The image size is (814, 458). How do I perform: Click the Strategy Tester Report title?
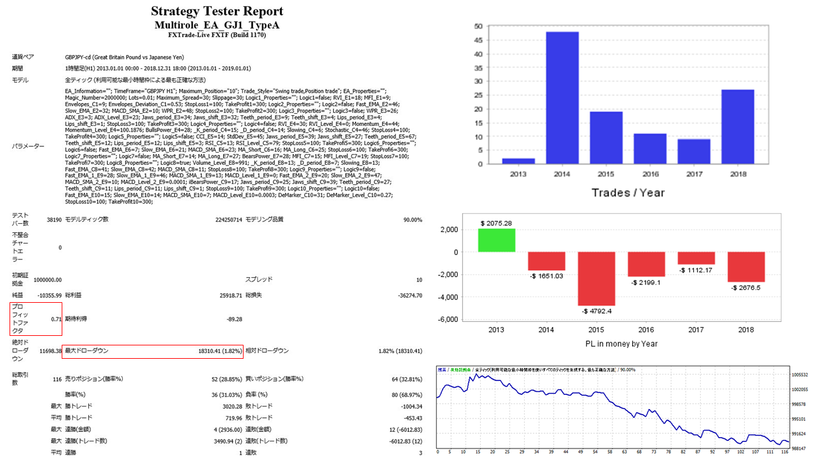pyautogui.click(x=217, y=11)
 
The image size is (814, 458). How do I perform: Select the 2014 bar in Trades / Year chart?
pyautogui.click(x=562, y=98)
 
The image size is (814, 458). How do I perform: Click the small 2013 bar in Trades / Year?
pyautogui.click(x=518, y=161)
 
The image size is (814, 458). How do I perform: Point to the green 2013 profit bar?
pyautogui.click(x=497, y=240)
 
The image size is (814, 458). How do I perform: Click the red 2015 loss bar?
pyautogui.click(x=596, y=279)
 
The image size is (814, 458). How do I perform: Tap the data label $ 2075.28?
pyautogui.click(x=497, y=223)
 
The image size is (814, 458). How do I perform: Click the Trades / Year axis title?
pyautogui.click(x=628, y=193)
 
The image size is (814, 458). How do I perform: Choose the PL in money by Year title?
pyautogui.click(x=621, y=344)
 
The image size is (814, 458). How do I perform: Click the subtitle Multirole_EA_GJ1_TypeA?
pyautogui.click(x=217, y=25)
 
